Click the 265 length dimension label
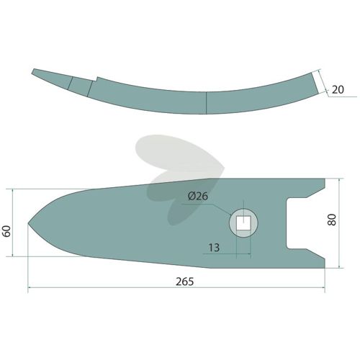[x=184, y=282]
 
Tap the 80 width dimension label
[x=332, y=220]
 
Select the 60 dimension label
[x=7, y=231]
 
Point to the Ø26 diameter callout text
[x=198, y=197]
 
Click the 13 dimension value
[x=214, y=248]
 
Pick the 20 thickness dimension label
[x=338, y=90]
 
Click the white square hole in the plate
[x=243, y=223]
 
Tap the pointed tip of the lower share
[x=28, y=223]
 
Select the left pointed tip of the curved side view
[x=33, y=70]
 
